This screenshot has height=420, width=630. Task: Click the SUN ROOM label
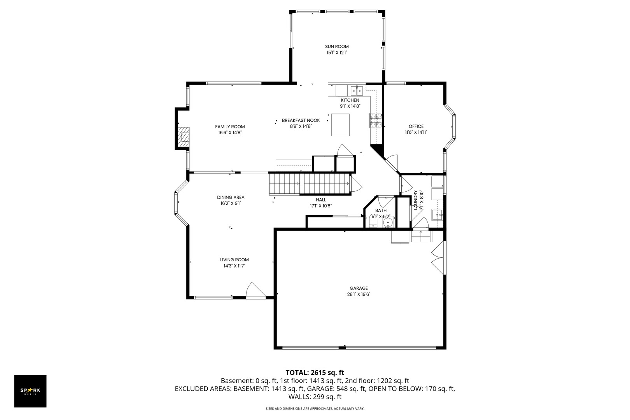pyautogui.click(x=337, y=47)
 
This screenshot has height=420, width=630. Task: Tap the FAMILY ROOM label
pyautogui.click(x=230, y=127)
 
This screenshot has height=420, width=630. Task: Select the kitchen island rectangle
pyautogui.click(x=340, y=125)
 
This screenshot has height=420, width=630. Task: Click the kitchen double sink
pyautogui.click(x=357, y=91)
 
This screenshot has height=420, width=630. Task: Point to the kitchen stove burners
pyautogui.click(x=375, y=121)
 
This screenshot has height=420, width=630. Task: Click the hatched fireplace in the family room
pyautogui.click(x=184, y=137)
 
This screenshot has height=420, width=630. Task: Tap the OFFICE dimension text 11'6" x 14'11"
pyautogui.click(x=416, y=133)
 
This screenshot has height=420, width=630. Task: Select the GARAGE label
pyautogui.click(x=359, y=288)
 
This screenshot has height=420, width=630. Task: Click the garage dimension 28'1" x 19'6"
pyautogui.click(x=359, y=294)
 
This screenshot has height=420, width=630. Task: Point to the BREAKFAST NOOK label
pyautogui.click(x=301, y=121)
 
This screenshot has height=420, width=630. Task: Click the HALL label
pyautogui.click(x=320, y=200)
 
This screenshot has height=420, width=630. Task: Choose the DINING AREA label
pyautogui.click(x=231, y=198)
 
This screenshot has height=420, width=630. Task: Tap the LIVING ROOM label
pyautogui.click(x=234, y=260)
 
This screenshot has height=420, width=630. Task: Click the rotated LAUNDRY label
pyautogui.click(x=415, y=200)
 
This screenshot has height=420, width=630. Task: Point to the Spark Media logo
pyautogui.click(x=30, y=391)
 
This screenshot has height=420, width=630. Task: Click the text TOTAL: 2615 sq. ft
pyautogui.click(x=315, y=373)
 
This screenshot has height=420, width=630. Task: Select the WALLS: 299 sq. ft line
pyautogui.click(x=315, y=397)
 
